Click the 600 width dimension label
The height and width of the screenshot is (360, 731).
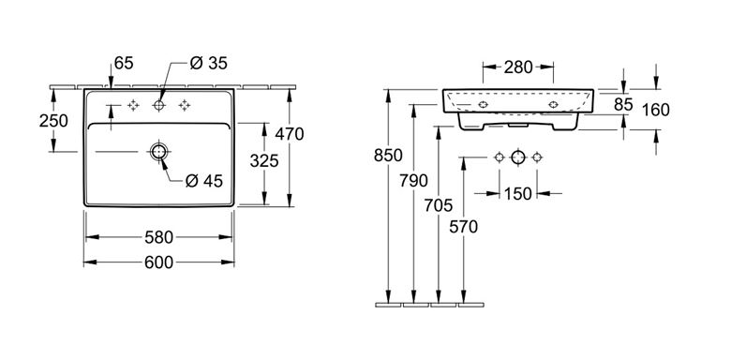click(x=158, y=262)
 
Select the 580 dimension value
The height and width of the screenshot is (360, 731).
click(x=158, y=237)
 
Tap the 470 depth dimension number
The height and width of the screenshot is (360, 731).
click(x=289, y=134)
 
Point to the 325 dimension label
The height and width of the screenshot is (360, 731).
click(x=264, y=161)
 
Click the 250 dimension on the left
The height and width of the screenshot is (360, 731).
click(x=53, y=121)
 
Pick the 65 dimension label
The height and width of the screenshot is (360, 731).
click(x=124, y=63)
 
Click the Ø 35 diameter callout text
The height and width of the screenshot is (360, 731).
click(x=208, y=63)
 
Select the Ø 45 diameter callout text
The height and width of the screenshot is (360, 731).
click(x=203, y=180)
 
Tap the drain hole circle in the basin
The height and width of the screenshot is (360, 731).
click(x=158, y=152)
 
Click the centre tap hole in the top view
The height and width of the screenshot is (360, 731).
click(x=158, y=105)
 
